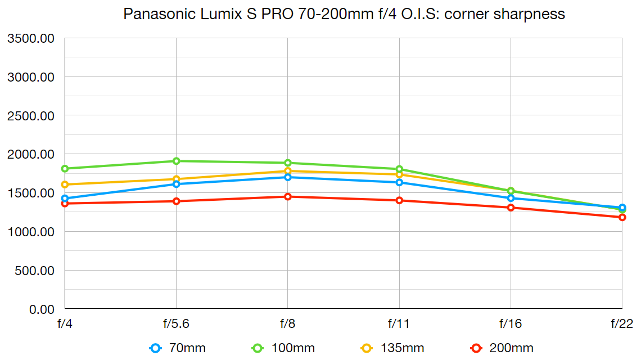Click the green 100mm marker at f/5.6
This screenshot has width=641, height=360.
click(x=176, y=161)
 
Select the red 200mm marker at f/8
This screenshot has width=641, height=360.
click(x=288, y=196)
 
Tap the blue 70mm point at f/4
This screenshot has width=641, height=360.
click(x=65, y=198)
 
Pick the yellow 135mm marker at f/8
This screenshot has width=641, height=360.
click(x=288, y=171)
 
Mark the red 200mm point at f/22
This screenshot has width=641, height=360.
click(x=622, y=217)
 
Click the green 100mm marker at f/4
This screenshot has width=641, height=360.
click(x=65, y=168)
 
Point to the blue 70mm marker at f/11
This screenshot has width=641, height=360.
click(x=399, y=182)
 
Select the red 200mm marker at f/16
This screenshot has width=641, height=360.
click(x=511, y=208)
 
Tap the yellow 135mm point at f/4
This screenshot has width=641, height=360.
click(x=65, y=184)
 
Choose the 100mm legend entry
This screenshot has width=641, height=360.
click(x=283, y=348)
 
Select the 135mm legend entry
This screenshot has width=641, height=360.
click(x=392, y=348)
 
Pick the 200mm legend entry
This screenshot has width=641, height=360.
click(x=502, y=348)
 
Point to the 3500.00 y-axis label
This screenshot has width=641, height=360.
click(x=30, y=38)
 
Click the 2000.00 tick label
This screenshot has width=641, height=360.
click(x=30, y=154)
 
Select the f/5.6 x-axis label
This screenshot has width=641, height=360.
click(x=176, y=324)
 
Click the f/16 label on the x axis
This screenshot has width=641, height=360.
click(x=511, y=324)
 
